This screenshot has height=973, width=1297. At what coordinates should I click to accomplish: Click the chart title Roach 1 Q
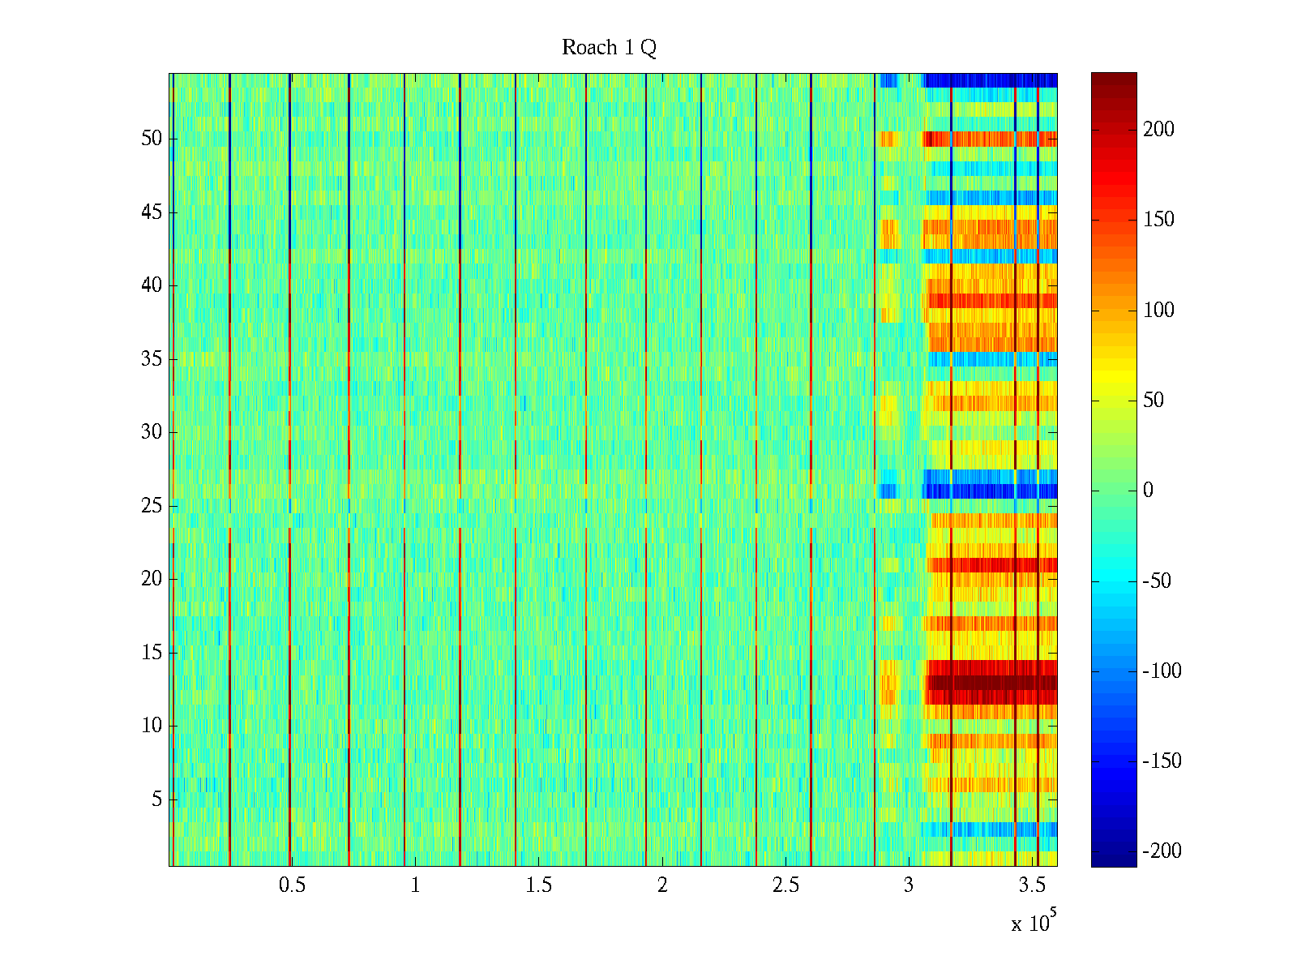coord(609,49)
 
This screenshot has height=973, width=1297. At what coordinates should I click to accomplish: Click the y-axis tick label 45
coord(152,212)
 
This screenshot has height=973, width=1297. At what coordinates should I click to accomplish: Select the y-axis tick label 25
coord(152,506)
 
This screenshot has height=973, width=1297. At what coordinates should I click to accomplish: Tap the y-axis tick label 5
coord(156,799)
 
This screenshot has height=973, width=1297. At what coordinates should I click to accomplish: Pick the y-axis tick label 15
coord(152,653)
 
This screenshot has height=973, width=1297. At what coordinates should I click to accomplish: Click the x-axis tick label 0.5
coord(292,885)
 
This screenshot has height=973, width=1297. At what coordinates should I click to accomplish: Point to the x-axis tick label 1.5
coord(539,885)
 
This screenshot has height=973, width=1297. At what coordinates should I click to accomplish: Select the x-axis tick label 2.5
coord(785,885)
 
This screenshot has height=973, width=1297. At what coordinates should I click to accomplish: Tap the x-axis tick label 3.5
coord(1033,885)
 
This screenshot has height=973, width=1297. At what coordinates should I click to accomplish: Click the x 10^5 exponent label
coord(1034,922)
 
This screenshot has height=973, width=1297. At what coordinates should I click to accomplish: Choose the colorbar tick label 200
coord(1158,130)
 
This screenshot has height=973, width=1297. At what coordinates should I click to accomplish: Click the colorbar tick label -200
coord(1162,851)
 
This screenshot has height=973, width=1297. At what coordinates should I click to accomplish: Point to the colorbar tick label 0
coord(1148,491)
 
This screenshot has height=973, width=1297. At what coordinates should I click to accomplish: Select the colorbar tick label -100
coord(1162,671)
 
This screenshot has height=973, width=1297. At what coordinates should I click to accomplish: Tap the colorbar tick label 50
coord(1154,401)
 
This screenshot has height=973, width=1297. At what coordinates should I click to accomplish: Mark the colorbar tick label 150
coord(1158,220)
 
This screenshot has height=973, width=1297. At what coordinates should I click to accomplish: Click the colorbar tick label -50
coord(1157,581)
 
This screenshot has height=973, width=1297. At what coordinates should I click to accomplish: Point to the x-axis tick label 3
coord(909,885)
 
